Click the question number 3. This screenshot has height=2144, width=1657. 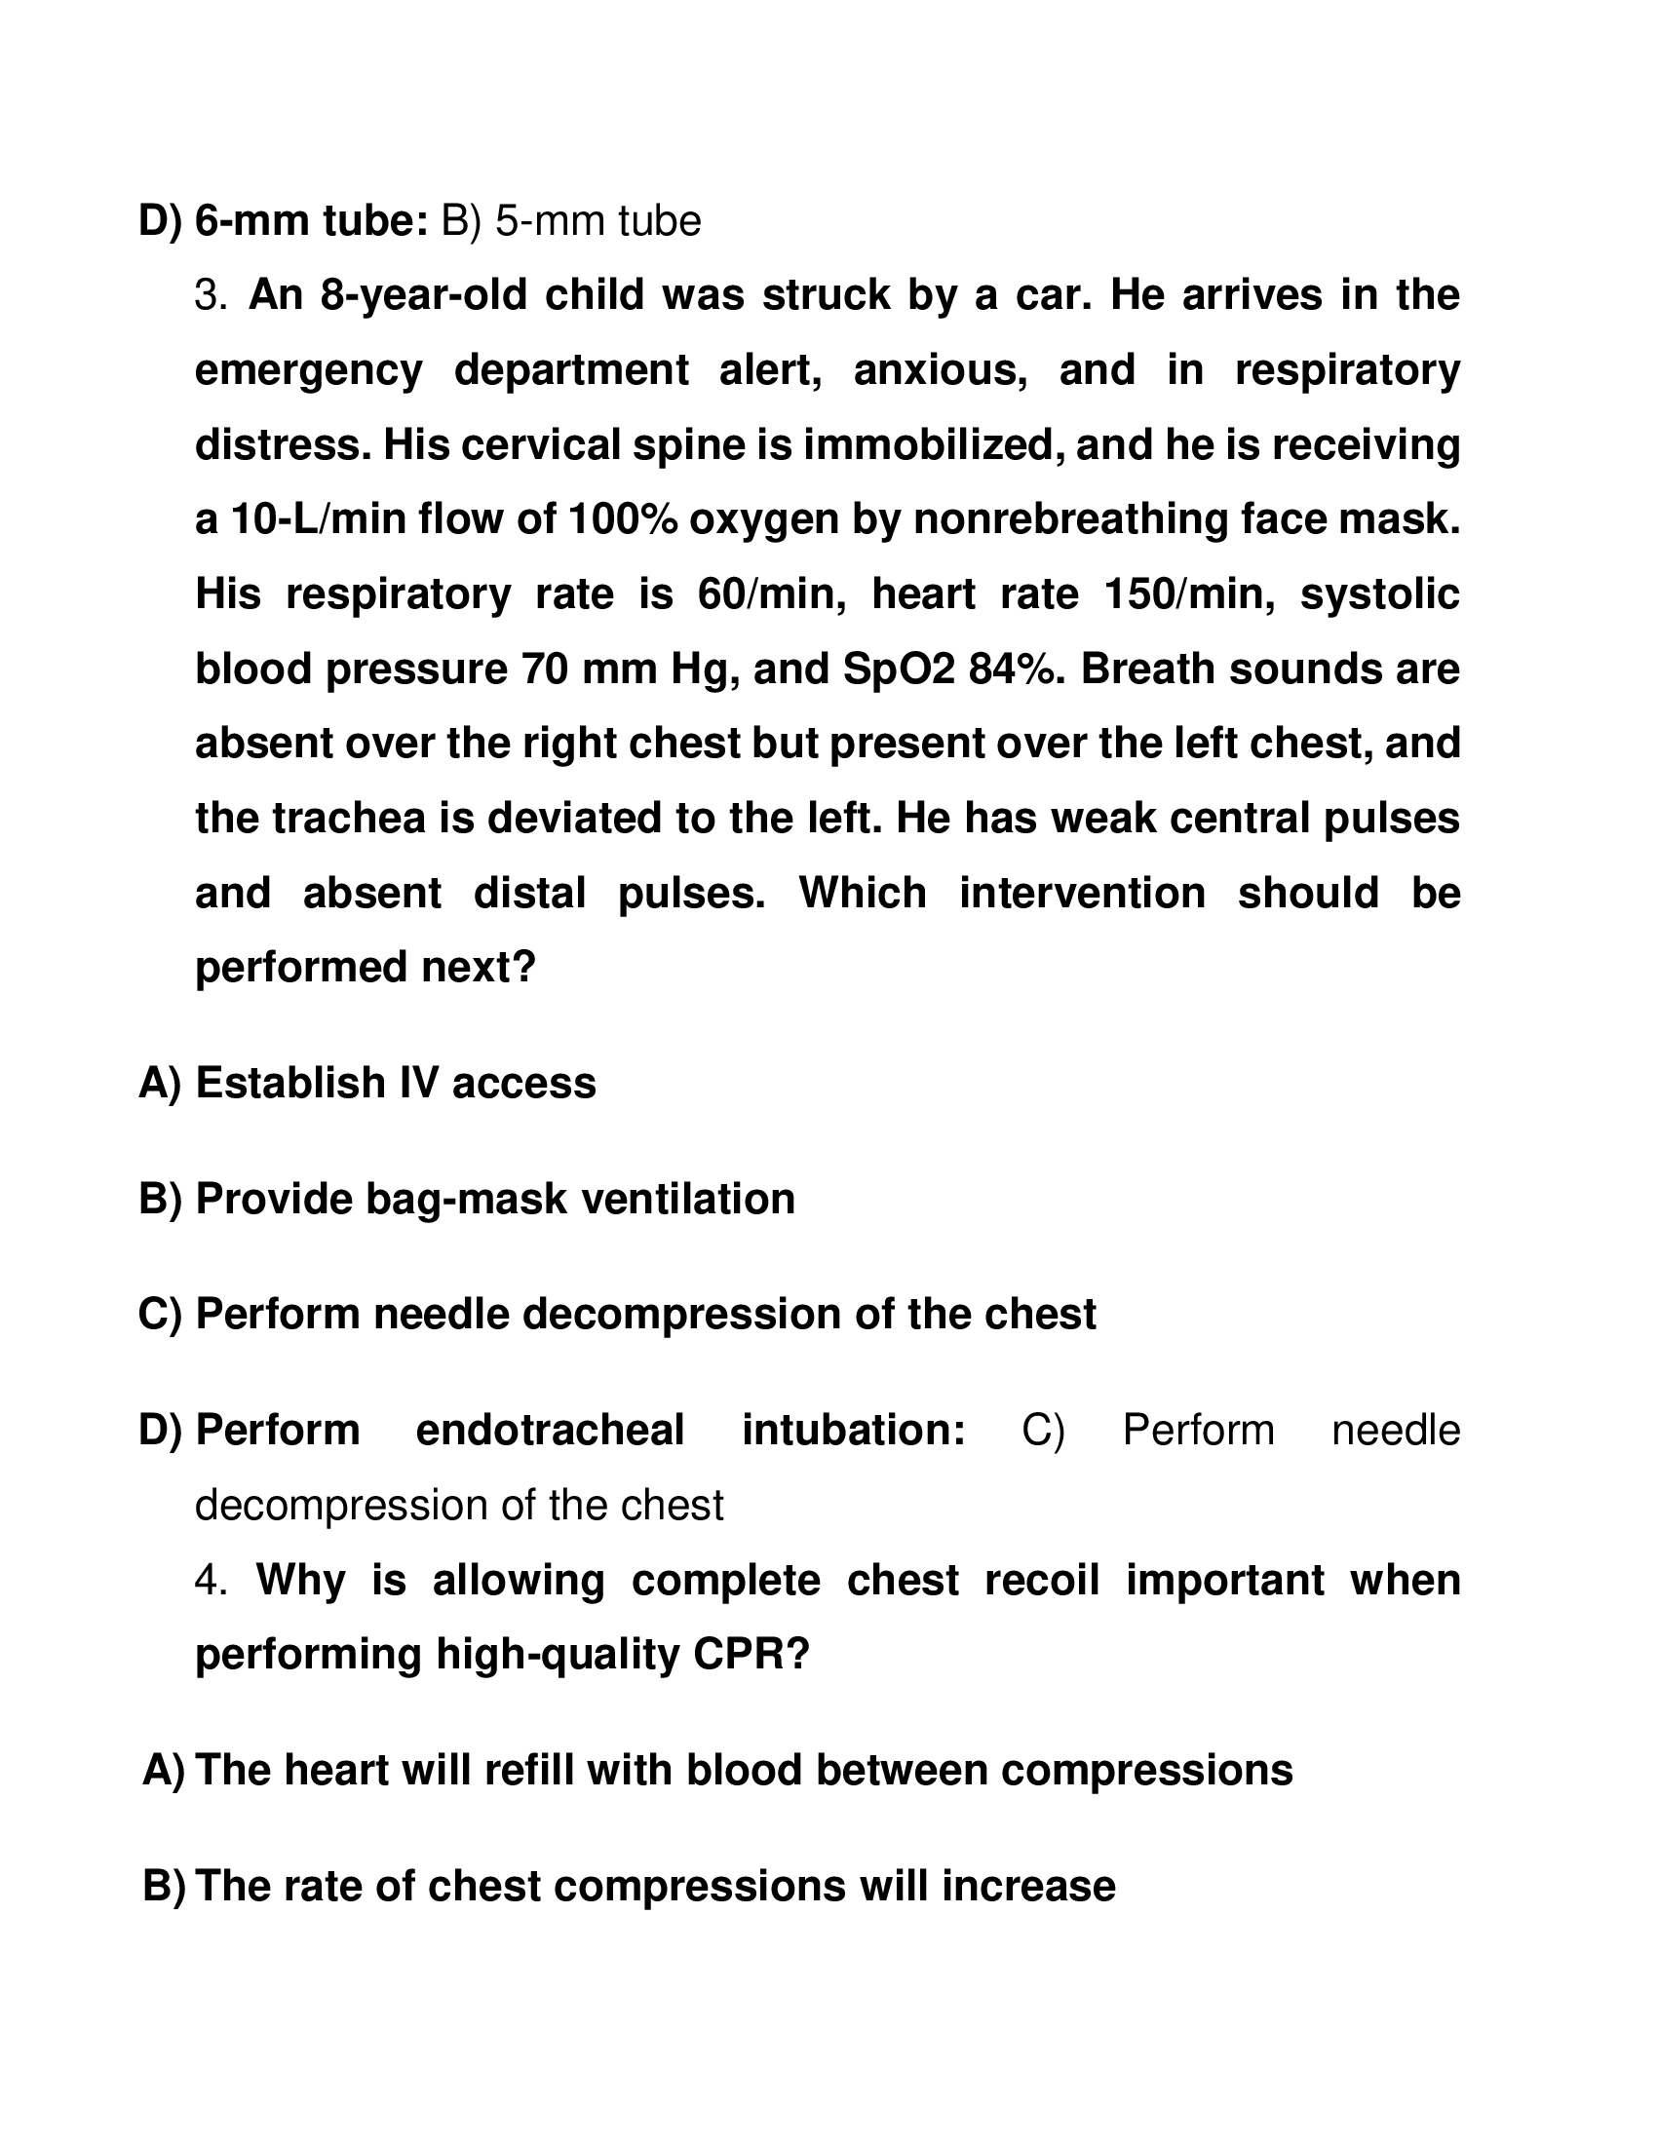211,295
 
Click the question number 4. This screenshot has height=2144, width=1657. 211,1581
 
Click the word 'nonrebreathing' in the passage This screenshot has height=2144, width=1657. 1070,520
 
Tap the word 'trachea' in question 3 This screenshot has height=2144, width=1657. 348,819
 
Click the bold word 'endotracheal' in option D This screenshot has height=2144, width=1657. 550,1431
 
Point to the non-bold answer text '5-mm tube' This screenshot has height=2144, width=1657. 597,222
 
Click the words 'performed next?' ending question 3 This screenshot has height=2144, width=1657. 366,968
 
